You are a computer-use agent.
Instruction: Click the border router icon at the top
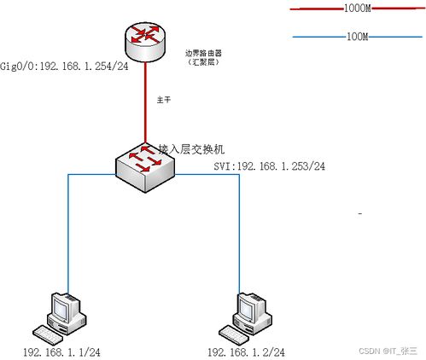coord(143,40)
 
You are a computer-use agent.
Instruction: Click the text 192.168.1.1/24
coord(61,351)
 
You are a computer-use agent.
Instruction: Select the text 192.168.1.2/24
coord(247,351)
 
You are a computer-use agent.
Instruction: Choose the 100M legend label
coord(358,37)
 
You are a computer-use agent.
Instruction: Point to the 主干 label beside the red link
coord(164,101)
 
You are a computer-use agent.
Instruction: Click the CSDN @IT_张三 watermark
coord(388,351)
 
